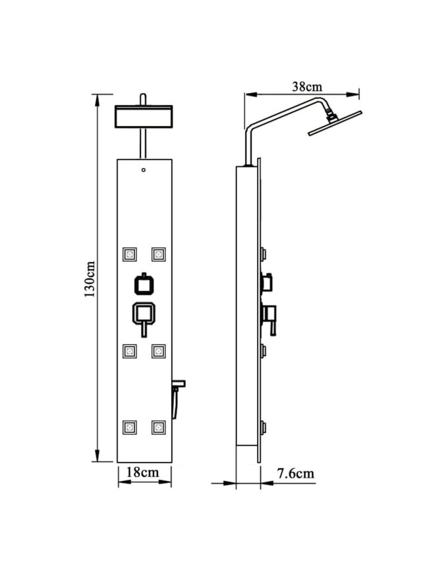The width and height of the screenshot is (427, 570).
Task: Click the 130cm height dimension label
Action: point(90,279)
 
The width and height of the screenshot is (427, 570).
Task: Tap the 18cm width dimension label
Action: point(143,472)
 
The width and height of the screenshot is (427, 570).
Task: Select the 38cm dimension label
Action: point(307,86)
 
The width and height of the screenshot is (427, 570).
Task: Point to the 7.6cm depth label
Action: point(296,473)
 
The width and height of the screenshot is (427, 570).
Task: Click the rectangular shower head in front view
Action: point(144,116)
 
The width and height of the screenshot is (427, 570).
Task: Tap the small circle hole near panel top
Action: point(144,170)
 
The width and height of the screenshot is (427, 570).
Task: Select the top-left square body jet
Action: point(130,255)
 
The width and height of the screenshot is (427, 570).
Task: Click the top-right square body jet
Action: point(159,255)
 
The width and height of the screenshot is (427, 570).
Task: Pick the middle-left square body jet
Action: point(130,351)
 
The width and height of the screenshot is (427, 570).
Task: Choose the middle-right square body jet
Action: point(159,351)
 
